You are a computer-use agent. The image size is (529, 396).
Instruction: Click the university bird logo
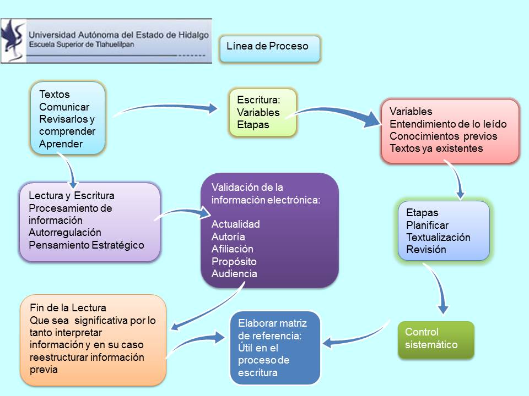tap(13, 40)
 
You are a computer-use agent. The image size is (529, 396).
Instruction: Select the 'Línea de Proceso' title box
tap(269, 49)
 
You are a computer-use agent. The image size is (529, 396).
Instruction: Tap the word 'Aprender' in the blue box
tap(61, 144)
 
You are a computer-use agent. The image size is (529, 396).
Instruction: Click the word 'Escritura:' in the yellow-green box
tap(258, 100)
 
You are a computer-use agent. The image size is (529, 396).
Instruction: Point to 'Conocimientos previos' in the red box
tap(443, 136)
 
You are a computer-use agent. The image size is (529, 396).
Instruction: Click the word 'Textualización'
tap(438, 237)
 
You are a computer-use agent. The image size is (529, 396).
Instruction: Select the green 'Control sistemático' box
tap(436, 340)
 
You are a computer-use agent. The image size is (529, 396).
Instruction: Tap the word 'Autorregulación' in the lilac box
tap(65, 232)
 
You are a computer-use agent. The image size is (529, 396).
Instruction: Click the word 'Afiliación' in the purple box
tap(232, 249)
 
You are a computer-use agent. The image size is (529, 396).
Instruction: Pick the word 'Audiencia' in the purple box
tap(234, 273)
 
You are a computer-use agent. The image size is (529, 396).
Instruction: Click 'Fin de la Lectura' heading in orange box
tap(68, 307)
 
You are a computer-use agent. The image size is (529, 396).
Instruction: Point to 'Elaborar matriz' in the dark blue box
tap(272, 323)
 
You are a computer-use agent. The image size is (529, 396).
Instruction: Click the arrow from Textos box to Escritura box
tap(165, 107)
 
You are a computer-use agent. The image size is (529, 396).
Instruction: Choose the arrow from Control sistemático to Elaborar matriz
tap(358, 337)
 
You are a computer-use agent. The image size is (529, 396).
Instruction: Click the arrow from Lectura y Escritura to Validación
tap(182, 212)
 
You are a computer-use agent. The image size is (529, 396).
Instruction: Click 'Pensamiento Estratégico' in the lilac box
tap(87, 245)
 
